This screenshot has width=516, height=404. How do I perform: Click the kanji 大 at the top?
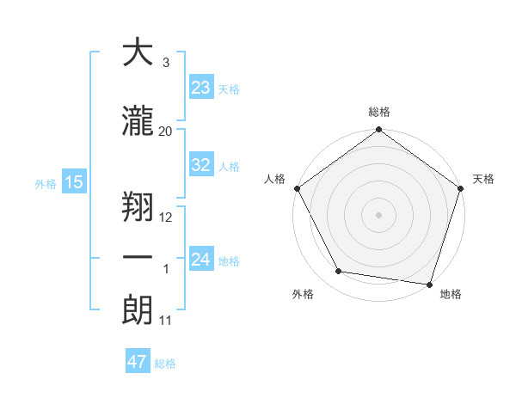[x=138, y=53]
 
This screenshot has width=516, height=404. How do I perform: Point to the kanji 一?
[x=138, y=258]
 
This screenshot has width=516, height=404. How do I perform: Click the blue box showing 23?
[x=201, y=88]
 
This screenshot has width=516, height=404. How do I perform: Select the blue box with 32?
[x=201, y=165]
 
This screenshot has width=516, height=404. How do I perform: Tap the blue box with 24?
[x=201, y=260]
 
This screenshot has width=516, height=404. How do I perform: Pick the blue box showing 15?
[x=73, y=182]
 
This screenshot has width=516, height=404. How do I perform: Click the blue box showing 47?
[x=138, y=362]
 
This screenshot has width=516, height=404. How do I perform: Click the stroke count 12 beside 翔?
[x=166, y=217]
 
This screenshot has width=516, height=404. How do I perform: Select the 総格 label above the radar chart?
[x=378, y=112]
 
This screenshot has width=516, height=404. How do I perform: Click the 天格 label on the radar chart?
[x=483, y=179]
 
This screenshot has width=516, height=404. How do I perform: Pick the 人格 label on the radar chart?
[x=274, y=179]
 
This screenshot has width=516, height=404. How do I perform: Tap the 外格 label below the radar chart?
[x=303, y=295]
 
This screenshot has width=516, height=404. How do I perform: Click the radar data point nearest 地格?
[x=429, y=284]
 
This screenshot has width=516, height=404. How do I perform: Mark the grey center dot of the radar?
[x=378, y=214]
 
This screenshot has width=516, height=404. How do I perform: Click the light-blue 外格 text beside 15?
[x=45, y=183]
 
